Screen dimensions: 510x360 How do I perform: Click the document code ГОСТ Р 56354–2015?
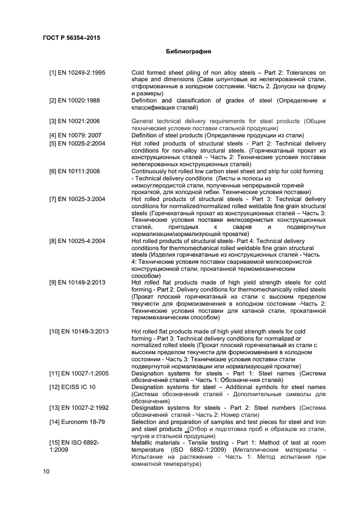click(x=71, y=38)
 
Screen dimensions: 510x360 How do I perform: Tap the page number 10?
click(x=46, y=471)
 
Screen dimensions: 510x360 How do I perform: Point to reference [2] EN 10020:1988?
click(x=74, y=101)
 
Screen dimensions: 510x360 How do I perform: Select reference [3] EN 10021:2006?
click(x=74, y=121)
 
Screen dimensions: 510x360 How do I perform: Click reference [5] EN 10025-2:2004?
click(x=77, y=143)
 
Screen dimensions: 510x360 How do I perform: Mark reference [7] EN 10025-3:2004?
click(x=77, y=199)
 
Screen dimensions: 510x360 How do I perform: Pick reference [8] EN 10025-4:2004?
click(x=77, y=241)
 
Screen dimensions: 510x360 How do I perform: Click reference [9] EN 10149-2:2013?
click(x=77, y=282)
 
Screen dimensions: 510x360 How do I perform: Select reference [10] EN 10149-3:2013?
click(x=79, y=331)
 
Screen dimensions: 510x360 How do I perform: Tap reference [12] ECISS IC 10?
click(x=72, y=387)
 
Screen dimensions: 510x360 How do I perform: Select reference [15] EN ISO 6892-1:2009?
click(x=74, y=446)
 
